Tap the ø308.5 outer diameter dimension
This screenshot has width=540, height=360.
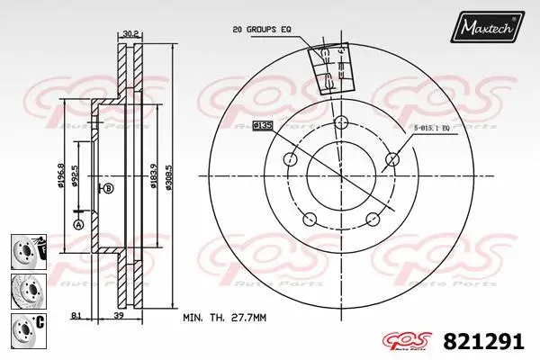[x=171, y=177]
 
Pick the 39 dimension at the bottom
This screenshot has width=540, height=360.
[x=118, y=316]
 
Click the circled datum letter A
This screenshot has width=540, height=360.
[x=77, y=223]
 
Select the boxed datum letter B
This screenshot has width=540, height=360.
[x=109, y=188]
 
